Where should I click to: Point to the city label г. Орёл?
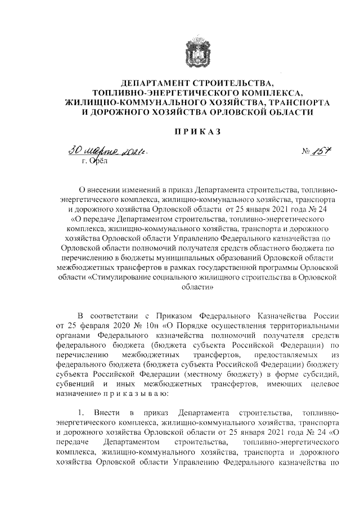click(93, 161)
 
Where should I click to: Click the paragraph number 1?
click(81, 414)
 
